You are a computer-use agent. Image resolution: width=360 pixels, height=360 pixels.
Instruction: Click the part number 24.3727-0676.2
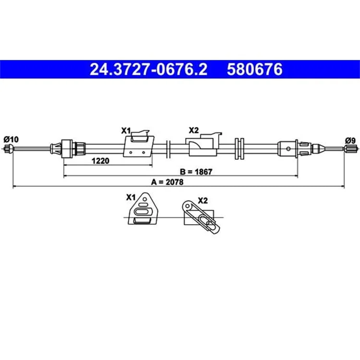tap(148, 69)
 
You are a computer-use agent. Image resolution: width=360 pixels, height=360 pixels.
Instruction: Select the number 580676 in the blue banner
tap(254, 69)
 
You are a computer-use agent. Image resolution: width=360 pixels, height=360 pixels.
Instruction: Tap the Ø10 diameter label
tap(11, 139)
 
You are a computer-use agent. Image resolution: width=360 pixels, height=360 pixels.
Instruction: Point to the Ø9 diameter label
tap(350, 140)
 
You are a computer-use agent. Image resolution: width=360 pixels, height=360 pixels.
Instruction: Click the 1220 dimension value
tap(100, 161)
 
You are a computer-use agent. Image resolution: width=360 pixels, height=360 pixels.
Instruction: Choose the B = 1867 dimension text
tap(196, 172)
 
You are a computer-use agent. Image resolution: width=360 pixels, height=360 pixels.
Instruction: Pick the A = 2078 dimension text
tap(168, 182)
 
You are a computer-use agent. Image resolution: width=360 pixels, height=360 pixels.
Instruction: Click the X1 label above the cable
tap(126, 131)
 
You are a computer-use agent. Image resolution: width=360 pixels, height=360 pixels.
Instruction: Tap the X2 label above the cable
tap(193, 131)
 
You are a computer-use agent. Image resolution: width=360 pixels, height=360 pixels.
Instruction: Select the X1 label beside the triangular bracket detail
tap(131, 197)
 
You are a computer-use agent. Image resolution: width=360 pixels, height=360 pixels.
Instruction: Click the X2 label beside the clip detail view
tap(203, 201)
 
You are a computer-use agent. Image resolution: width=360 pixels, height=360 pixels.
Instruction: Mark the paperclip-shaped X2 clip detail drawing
tap(201, 217)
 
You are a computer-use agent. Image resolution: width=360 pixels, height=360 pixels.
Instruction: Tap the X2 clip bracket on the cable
tap(203, 144)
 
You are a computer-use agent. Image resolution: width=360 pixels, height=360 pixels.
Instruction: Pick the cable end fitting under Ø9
tap(350, 149)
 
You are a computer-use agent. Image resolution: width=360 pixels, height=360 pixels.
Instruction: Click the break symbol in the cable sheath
tap(168, 149)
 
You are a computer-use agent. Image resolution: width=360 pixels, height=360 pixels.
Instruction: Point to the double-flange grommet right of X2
tap(240, 149)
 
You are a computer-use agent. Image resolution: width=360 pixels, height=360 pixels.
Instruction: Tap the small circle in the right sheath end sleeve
tap(288, 149)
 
